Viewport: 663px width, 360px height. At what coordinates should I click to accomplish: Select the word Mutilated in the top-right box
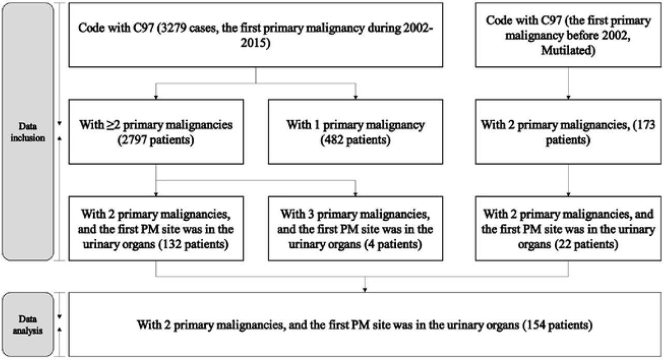[568, 50]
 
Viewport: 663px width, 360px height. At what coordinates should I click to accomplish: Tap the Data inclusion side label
[27, 132]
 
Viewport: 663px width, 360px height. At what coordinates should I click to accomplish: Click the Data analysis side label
[27, 325]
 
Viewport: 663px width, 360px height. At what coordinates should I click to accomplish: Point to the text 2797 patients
[156, 140]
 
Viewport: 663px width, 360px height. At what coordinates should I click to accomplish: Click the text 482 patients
[355, 140]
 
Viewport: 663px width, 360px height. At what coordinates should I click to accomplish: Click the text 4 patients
[393, 244]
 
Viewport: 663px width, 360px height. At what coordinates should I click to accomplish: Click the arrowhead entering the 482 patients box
[355, 97]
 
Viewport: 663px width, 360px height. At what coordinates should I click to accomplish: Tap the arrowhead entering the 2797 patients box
[156, 97]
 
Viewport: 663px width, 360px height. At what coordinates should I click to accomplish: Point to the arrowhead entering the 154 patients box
[365, 291]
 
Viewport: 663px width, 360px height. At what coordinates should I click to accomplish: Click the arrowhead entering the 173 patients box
[568, 97]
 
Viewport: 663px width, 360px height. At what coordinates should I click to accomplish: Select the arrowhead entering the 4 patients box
[355, 195]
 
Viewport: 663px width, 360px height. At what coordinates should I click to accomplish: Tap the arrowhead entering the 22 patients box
[568, 195]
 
